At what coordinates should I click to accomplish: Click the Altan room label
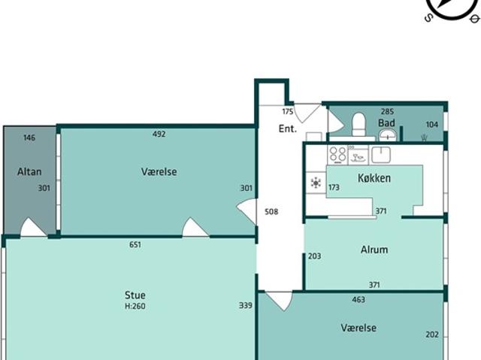coord(29,171)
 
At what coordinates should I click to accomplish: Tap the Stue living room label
coord(135,295)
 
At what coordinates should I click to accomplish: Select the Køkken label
coord(374,178)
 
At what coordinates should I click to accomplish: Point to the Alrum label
coord(374,250)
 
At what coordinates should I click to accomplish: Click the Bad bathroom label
coord(386,123)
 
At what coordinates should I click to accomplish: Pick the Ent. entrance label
coord(288,129)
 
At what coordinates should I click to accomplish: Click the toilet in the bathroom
coord(358,124)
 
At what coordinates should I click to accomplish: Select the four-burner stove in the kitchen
coord(337,155)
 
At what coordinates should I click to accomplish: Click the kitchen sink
coord(381,155)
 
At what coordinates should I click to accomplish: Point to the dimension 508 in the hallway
coord(271,212)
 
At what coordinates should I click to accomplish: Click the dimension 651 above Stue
coord(135,245)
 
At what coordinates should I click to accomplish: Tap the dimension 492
coord(159,134)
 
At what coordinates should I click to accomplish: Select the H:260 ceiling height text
coord(135,306)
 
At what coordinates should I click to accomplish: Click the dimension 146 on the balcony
coord(29,138)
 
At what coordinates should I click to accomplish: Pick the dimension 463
coord(358,300)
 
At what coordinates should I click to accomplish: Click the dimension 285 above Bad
coord(387,111)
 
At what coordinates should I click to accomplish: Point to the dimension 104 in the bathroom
coord(432,125)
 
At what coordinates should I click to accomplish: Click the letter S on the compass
coord(428,18)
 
